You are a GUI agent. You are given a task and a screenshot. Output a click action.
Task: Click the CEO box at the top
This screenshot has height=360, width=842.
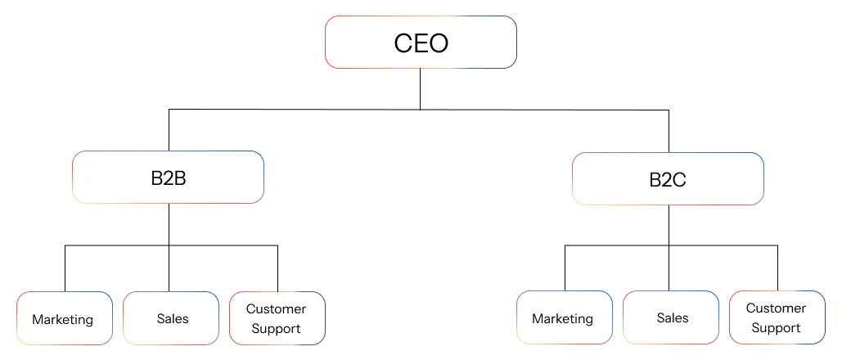(x=421, y=42)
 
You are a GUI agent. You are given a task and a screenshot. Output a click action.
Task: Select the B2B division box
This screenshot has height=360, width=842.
(x=168, y=177)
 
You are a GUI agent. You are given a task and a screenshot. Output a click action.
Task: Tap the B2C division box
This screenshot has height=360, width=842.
(x=668, y=178)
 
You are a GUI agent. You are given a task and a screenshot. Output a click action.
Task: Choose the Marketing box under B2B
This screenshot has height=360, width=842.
(x=63, y=318)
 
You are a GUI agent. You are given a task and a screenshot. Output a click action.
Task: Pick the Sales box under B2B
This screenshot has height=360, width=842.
(x=172, y=317)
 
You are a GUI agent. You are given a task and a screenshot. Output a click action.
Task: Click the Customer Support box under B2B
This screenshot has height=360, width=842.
(x=277, y=318)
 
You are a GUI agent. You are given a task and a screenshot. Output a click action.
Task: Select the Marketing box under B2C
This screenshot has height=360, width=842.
(x=563, y=317)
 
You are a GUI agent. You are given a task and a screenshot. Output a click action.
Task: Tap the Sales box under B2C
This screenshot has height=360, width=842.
(x=672, y=317)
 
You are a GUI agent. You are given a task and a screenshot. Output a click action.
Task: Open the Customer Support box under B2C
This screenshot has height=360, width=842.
(x=776, y=317)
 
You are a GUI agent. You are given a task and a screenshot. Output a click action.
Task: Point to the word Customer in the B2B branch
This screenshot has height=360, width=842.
(x=276, y=308)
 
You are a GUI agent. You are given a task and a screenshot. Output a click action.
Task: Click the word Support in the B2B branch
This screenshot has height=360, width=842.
(x=276, y=329)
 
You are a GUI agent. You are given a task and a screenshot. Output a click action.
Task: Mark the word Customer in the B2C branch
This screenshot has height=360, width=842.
(x=776, y=308)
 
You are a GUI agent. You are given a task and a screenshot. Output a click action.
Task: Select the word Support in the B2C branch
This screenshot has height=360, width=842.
(x=776, y=328)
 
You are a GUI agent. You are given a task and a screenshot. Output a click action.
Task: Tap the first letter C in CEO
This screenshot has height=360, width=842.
(x=403, y=43)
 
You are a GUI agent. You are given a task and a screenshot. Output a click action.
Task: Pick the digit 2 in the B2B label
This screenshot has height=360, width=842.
(x=168, y=178)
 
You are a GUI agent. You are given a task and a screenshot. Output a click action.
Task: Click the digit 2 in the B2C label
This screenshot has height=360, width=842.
(x=667, y=179)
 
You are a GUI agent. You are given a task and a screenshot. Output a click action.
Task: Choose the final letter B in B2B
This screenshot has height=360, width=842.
(x=179, y=178)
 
